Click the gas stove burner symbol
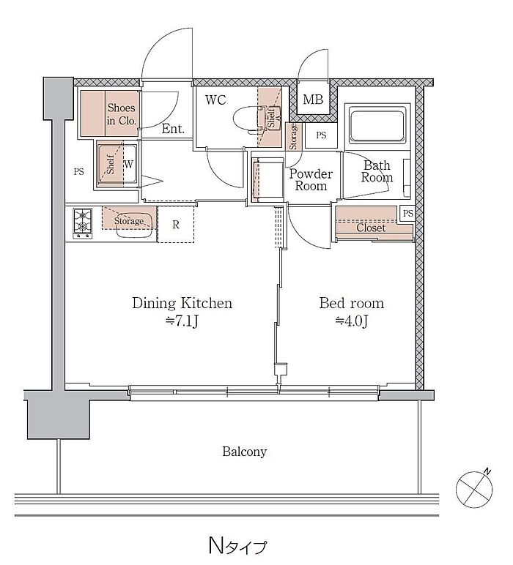pyautogui.click(x=83, y=223)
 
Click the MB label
pyautogui.click(x=313, y=100)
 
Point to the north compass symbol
pyautogui.click(x=474, y=488)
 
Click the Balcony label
pyautogui.click(x=244, y=452)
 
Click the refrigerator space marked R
pyautogui.click(x=176, y=224)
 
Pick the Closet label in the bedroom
pyautogui.click(x=371, y=228)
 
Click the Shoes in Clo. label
pyautogui.click(x=122, y=114)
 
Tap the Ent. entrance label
pyautogui.click(x=173, y=129)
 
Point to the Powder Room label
pyautogui.click(x=311, y=180)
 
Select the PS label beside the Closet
pyautogui.click(x=407, y=213)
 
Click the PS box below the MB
pyautogui.click(x=321, y=135)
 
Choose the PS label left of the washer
pyautogui.click(x=78, y=171)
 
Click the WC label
pyautogui.click(x=215, y=100)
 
